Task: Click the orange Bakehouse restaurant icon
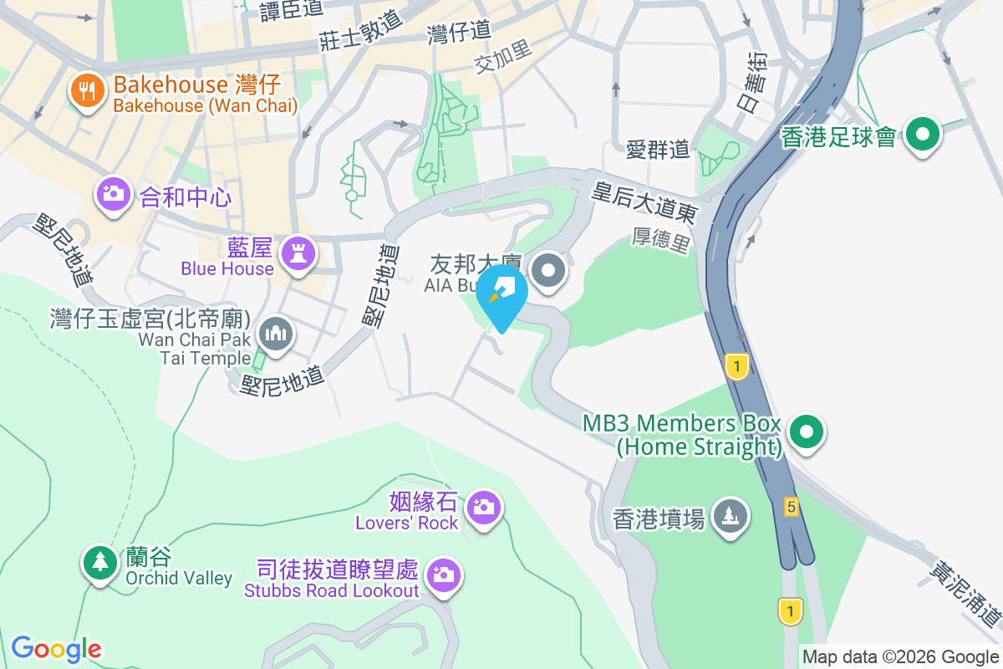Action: pyautogui.click(x=87, y=90)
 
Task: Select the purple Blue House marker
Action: pyautogui.click(x=298, y=252)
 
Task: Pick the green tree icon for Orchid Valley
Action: pyautogui.click(x=100, y=562)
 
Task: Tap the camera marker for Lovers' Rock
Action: pyautogui.click(x=483, y=507)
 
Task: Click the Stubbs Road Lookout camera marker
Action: pyautogui.click(x=443, y=575)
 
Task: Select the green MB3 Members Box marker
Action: pyautogui.click(x=807, y=432)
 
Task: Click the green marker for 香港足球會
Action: pyautogui.click(x=923, y=134)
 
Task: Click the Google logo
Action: pyautogui.click(x=56, y=648)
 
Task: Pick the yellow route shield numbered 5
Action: pyautogui.click(x=791, y=506)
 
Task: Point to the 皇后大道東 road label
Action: pyautogui.click(x=644, y=202)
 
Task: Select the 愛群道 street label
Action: pyautogui.click(x=658, y=150)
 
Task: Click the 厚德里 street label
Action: pyautogui.click(x=660, y=243)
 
